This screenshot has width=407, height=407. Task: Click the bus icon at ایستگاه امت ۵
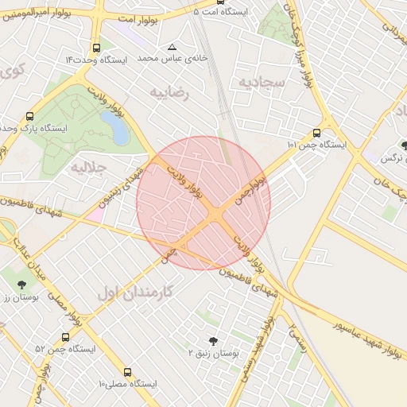coord(197,12)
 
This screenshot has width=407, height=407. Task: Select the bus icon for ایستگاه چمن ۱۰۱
coord(317,133)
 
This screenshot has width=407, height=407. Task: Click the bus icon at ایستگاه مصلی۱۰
coord(128,371)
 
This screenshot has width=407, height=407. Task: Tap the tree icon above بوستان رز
coord(21,285)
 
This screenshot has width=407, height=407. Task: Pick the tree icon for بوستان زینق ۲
coord(212,339)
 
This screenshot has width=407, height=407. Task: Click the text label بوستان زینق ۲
coord(213,351)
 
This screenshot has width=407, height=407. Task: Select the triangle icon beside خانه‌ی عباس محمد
coord(172,46)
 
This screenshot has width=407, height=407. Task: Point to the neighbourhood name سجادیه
coord(256,83)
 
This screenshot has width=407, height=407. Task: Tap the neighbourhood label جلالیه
coord(88,168)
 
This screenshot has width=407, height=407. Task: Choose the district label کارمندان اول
coord(134,292)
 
